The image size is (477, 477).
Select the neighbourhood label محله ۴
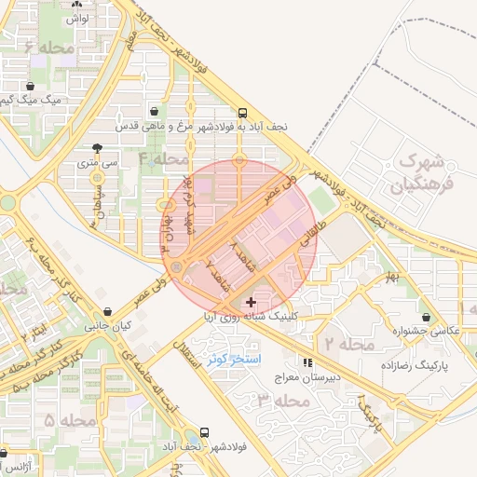point(164,158)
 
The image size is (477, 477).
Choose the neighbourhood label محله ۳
point(280,401)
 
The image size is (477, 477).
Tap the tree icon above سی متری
point(99,147)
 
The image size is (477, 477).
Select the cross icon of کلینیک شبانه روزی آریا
point(251,302)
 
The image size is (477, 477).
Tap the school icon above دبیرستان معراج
point(307,362)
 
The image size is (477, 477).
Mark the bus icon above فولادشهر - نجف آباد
point(204,433)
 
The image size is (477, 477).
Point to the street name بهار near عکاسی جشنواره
point(391,277)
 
